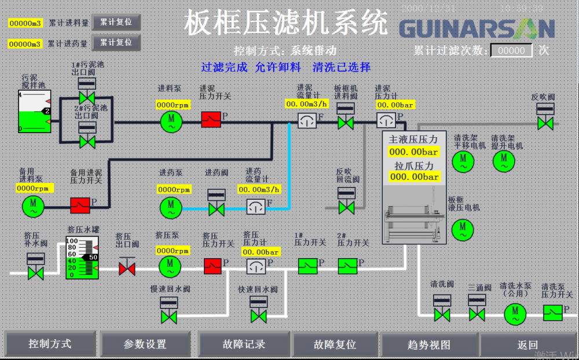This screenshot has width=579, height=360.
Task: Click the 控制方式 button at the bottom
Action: [x=50, y=344]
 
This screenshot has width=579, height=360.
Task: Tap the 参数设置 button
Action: [x=145, y=344]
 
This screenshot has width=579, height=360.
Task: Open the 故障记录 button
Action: [x=244, y=344]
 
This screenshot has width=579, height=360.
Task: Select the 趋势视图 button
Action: [x=429, y=344]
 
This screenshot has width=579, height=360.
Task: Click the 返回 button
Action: [x=527, y=344]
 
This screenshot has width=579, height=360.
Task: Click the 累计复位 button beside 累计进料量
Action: [x=116, y=23]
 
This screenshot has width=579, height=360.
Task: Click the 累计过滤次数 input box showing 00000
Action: [x=512, y=51]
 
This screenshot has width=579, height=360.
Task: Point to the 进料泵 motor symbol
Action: [x=171, y=120]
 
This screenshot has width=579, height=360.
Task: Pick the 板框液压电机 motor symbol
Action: [x=462, y=227]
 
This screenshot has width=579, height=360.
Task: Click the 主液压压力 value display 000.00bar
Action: [x=413, y=152]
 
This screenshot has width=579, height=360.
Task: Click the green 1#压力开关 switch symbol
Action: [x=307, y=266]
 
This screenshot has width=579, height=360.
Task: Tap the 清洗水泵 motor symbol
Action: [x=514, y=314]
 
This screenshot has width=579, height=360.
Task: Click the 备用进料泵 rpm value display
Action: [x=34, y=188]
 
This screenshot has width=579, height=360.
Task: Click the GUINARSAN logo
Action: [x=477, y=28]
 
